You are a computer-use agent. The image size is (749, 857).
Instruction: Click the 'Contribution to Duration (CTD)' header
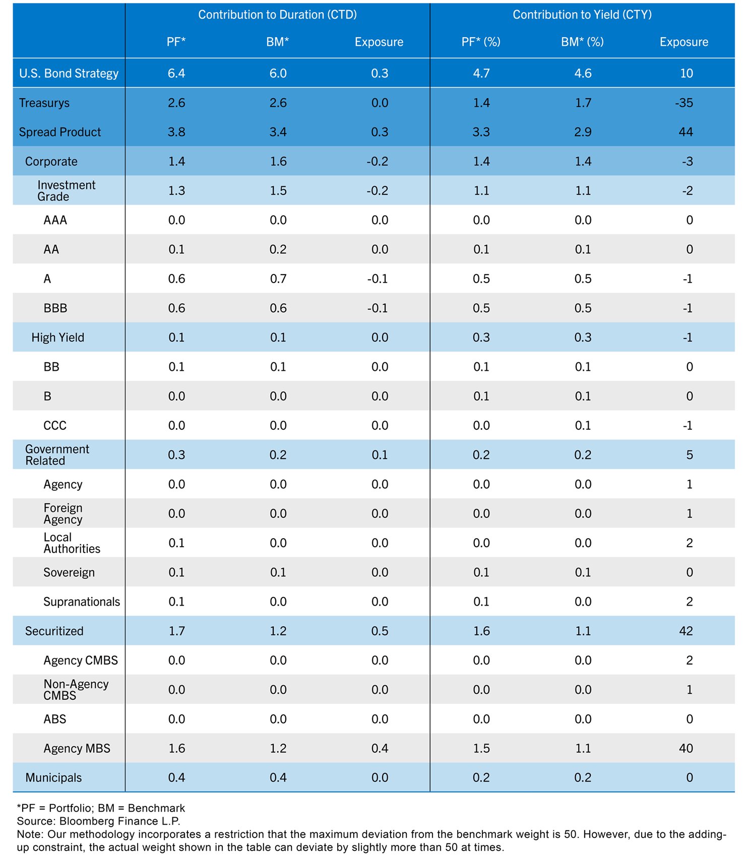coord(277,15)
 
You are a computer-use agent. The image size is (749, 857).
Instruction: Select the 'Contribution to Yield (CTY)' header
coord(582,15)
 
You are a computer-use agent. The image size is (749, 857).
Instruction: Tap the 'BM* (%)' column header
coord(582,42)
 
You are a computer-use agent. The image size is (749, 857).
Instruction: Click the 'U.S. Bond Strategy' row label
coord(69,74)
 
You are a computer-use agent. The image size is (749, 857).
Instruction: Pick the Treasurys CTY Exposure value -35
coord(684,103)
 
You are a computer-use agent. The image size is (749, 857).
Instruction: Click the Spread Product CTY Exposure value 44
coord(685,132)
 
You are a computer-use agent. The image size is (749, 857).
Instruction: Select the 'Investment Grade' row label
coord(66,191)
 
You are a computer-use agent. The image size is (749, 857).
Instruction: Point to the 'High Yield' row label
coord(57,338)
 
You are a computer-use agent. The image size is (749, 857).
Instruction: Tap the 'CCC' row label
coord(55,426)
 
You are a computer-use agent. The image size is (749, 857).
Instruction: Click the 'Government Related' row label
coord(57,455)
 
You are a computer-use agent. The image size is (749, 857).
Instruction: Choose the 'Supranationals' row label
coord(82,602)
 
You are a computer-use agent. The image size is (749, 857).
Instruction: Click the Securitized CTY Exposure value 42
coord(685,631)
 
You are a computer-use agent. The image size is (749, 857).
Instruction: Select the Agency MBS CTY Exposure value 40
coord(685,749)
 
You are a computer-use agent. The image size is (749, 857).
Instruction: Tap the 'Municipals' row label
coord(53,778)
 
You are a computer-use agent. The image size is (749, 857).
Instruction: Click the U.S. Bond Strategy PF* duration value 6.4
coord(176,74)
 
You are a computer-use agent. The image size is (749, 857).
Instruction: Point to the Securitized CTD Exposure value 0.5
coord(380,631)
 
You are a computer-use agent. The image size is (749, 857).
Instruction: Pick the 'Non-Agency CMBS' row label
coord(76,690)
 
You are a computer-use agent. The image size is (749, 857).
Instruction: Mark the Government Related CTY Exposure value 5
coord(689,455)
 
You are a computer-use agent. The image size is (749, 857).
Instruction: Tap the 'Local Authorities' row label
coord(72,543)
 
